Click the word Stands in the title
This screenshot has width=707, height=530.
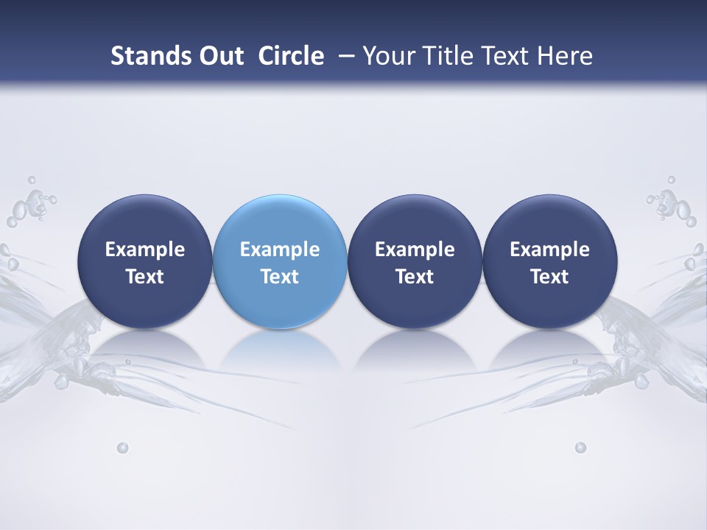point(141,56)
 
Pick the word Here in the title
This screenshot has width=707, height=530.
point(566,56)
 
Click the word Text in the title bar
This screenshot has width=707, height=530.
point(504,56)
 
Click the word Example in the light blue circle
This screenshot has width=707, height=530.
point(280,250)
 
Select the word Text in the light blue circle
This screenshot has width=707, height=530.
point(280,277)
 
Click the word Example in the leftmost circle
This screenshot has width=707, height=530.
point(145,250)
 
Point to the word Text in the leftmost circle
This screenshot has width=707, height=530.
point(145,277)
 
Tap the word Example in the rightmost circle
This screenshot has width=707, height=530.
point(549,250)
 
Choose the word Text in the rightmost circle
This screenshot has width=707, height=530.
point(549,277)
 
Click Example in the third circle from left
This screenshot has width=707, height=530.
point(415,250)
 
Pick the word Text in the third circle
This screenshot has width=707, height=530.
point(415,277)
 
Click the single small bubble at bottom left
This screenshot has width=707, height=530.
point(122,448)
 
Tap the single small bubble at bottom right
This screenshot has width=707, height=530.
point(580,448)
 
